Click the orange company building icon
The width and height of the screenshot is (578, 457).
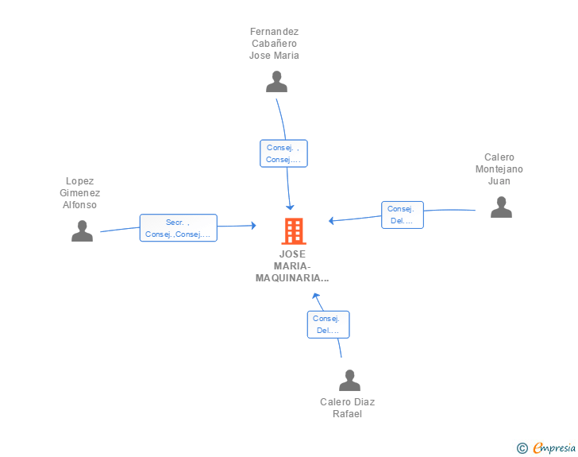click(x=294, y=231)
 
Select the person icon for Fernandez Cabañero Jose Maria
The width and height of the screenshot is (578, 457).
click(x=276, y=82)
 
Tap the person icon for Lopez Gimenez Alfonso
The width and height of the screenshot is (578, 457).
click(x=83, y=230)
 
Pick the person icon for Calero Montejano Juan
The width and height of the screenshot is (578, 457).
click(x=501, y=207)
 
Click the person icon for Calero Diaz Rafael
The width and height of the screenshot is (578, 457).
click(x=349, y=380)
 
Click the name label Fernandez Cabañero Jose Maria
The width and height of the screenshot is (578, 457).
click(x=274, y=44)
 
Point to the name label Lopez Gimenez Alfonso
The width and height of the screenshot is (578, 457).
click(x=79, y=193)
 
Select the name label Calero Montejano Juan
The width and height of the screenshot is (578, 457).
click(x=499, y=169)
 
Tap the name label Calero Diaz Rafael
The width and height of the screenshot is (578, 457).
click(x=347, y=408)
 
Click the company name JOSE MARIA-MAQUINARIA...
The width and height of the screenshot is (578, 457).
click(x=292, y=266)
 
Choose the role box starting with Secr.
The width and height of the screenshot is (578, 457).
click(x=179, y=228)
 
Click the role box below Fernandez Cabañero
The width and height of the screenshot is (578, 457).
click(x=283, y=153)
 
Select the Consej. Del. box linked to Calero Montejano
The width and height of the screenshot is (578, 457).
click(x=403, y=215)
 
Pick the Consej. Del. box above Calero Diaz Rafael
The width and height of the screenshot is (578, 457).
click(x=328, y=324)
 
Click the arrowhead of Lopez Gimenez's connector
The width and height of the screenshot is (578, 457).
click(x=253, y=226)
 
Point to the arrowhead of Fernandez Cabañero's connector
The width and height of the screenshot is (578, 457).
click(x=290, y=207)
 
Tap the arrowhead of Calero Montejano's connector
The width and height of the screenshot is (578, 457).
click(x=331, y=221)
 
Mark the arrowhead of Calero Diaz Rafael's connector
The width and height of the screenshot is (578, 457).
click(x=315, y=296)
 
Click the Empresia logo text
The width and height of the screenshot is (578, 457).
click(x=554, y=448)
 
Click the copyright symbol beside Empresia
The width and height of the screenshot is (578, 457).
click(x=522, y=448)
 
